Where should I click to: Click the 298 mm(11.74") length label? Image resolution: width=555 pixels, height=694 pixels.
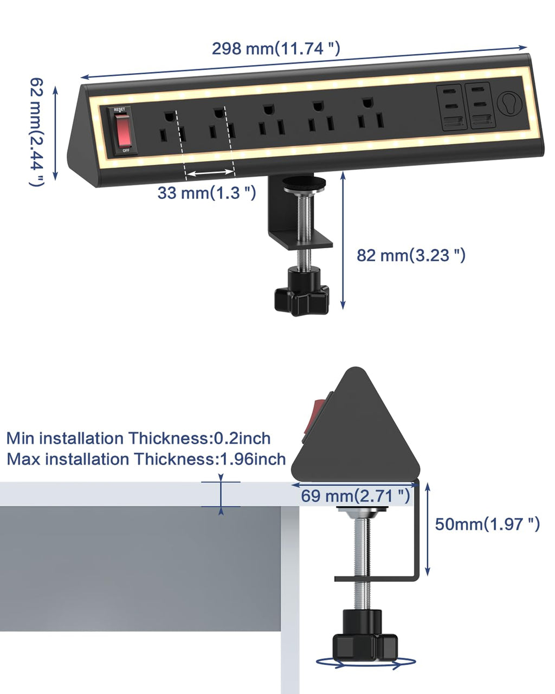click(276, 48)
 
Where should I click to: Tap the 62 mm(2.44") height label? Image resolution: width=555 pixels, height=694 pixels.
click(36, 132)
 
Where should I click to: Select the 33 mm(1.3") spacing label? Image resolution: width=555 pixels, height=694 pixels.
click(206, 192)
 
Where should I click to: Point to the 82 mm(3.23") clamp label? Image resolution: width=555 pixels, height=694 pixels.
click(411, 255)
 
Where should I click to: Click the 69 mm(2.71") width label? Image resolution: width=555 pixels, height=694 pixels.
click(356, 496)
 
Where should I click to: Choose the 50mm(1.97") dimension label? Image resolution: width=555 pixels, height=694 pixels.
click(487, 524)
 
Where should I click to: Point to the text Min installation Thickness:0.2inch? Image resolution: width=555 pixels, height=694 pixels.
click(138, 438)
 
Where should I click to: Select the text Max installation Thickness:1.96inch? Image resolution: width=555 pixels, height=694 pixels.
click(146, 459)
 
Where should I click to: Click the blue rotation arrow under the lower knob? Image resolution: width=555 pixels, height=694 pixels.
click(366, 662)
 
